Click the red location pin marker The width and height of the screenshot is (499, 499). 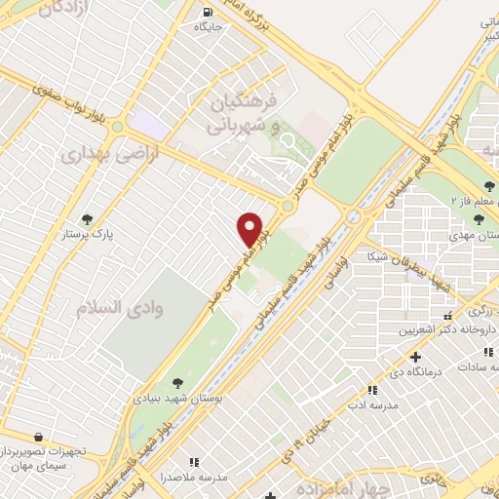[250, 229]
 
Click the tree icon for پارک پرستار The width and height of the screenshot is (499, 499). [87, 219]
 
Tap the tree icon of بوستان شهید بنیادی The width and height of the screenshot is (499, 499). [176, 383]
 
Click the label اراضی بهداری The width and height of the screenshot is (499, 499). [96, 155]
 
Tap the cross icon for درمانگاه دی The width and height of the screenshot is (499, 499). [416, 357]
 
